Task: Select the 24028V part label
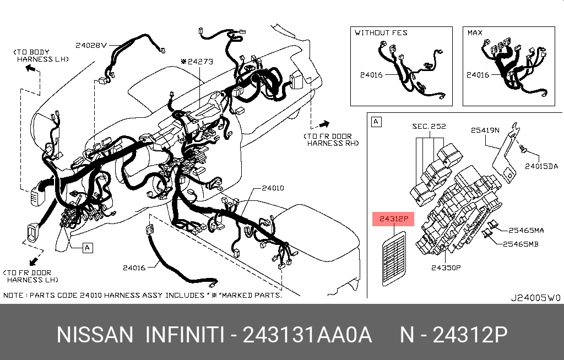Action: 91,45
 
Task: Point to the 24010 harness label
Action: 273,188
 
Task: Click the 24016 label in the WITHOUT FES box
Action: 371,75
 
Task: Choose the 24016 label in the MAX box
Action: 478,75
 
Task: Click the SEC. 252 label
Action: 429,126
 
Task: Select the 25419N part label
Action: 485,130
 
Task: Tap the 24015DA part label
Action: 541,166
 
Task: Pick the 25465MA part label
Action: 526,230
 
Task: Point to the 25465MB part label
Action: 520,244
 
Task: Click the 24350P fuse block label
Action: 446,268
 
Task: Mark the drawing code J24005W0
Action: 535,298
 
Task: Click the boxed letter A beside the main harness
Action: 88,248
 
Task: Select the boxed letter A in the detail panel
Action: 376,122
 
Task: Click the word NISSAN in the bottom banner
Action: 95,335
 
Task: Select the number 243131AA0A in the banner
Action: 307,335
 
